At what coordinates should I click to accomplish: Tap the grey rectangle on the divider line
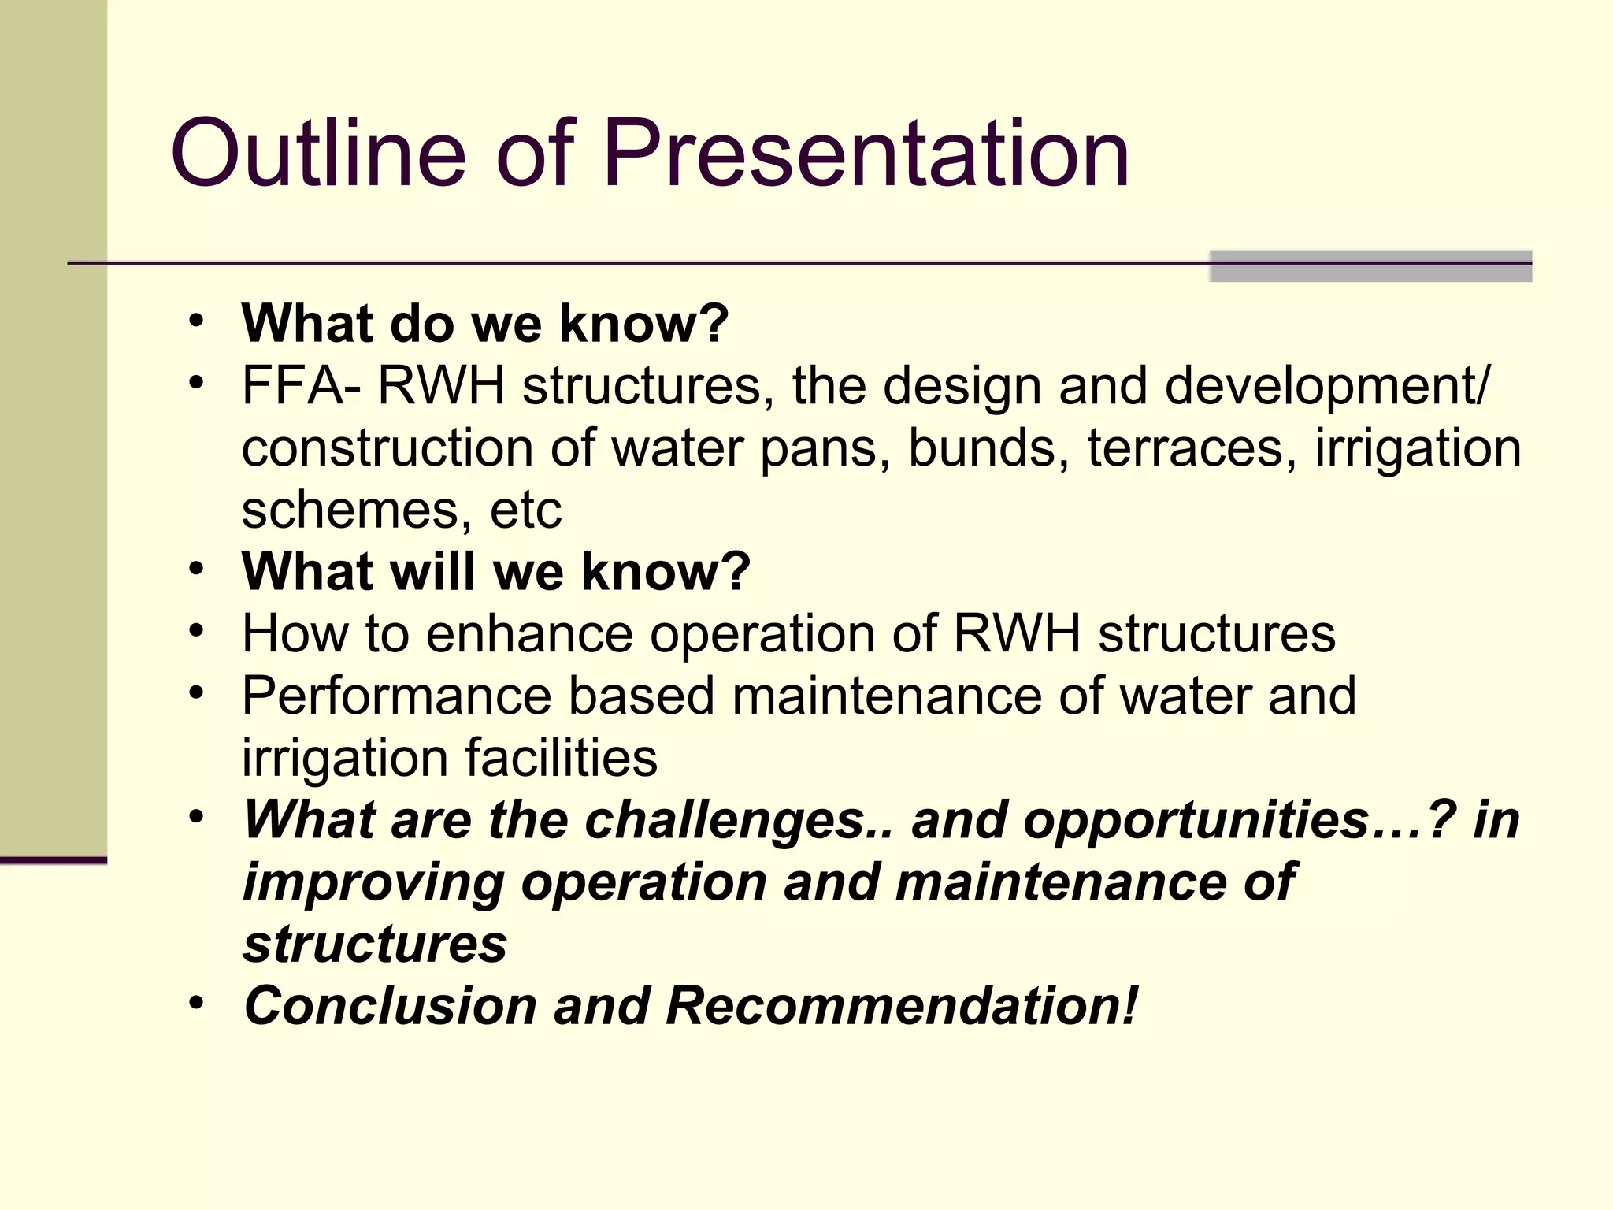tap(1370, 266)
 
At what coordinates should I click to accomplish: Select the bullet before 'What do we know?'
tap(196, 321)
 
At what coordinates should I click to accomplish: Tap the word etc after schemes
tap(525, 510)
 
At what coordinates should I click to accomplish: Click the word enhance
tap(529, 633)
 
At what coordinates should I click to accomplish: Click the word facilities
tap(561, 758)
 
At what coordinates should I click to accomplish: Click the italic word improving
tap(373, 883)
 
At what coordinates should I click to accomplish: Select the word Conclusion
tap(391, 1006)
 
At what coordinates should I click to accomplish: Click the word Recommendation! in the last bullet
tap(902, 1006)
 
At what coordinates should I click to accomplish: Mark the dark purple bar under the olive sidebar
tap(54, 859)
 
